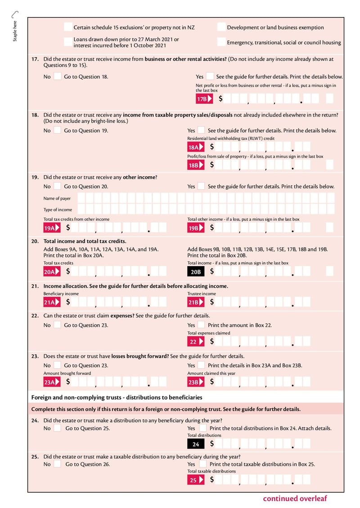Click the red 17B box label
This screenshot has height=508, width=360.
[x=204, y=99]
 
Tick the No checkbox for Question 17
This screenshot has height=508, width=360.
[x=57, y=76]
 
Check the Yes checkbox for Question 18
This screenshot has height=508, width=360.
[x=201, y=130]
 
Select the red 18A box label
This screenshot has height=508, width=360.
[x=195, y=147]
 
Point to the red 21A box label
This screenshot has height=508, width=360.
[x=51, y=302]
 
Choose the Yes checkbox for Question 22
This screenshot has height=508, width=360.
[x=201, y=325]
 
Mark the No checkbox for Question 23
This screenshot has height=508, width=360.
[x=57, y=365]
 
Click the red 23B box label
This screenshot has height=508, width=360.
[x=195, y=382]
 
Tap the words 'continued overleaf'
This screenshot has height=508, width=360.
[x=295, y=498]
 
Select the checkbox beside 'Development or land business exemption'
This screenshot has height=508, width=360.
[x=221, y=27]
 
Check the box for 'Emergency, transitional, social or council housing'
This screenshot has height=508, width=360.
[x=221, y=42]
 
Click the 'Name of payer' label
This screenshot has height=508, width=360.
[x=57, y=198]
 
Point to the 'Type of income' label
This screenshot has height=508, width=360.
[x=58, y=209]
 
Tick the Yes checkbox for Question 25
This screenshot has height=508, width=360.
[x=203, y=464]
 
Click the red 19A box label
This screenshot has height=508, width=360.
[x=51, y=228]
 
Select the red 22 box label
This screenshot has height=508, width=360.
[x=195, y=342]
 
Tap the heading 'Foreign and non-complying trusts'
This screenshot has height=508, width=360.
[x=117, y=397]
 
